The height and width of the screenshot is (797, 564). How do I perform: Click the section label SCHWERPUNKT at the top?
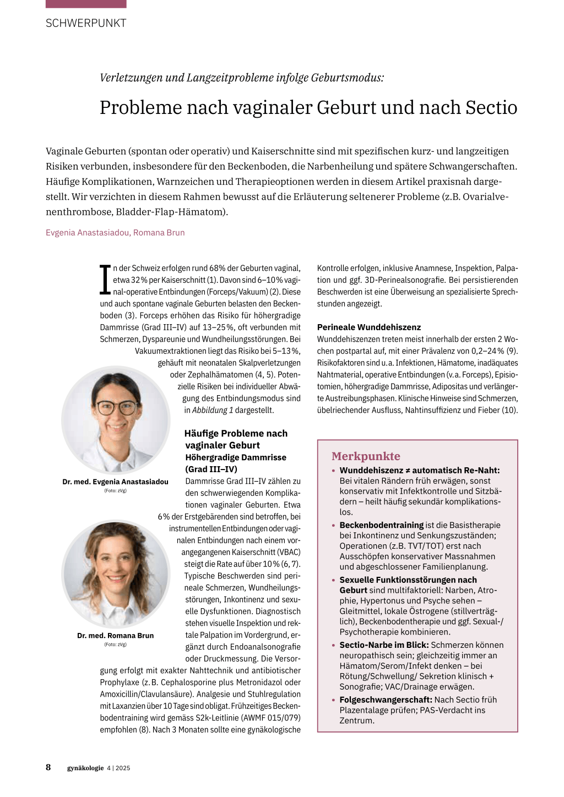click(86, 23)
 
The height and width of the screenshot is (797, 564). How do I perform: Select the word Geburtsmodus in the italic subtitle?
click(346, 78)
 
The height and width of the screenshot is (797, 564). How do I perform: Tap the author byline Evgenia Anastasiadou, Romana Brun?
click(115, 232)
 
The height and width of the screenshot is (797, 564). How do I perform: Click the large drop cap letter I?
click(105, 280)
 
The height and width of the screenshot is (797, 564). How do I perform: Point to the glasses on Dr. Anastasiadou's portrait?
click(116, 408)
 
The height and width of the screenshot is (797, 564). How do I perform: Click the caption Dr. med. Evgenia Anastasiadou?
click(115, 482)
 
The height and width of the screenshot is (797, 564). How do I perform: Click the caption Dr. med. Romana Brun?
click(115, 635)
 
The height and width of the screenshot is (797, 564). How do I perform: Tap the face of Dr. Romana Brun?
click(115, 567)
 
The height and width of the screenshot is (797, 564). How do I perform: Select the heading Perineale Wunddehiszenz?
click(369, 327)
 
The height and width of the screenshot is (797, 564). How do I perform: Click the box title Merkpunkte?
click(366, 456)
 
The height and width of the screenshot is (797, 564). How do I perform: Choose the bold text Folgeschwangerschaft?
click(386, 700)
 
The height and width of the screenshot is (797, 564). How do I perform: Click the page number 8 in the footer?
click(48, 767)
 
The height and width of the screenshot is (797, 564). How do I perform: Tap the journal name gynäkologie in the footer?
click(85, 768)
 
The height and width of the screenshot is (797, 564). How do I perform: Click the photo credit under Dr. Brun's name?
click(115, 644)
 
